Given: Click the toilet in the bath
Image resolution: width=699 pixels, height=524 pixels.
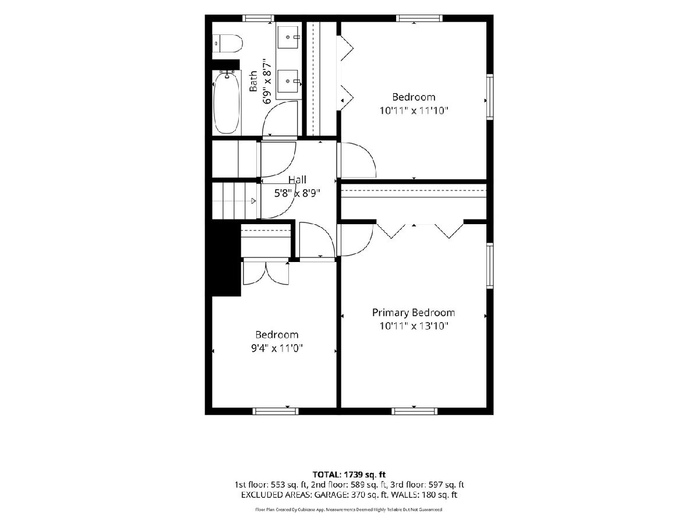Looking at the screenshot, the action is pos(227,44).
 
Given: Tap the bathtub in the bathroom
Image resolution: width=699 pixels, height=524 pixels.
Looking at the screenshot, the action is pos(227,102).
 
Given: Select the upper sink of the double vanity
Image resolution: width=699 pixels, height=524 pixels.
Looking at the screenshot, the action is pos(288,37).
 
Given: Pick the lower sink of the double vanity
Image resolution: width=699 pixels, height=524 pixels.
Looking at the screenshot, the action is pos(288,81).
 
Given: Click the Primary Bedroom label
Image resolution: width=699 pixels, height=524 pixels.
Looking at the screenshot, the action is pos(414,313).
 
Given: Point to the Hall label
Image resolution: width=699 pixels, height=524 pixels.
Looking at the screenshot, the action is pos(297,180).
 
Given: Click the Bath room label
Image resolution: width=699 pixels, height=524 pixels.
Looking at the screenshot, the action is pos(253,81).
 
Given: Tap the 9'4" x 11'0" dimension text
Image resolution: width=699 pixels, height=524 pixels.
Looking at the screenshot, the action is pos(277,348).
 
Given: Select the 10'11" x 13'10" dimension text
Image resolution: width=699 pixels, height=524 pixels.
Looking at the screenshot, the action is pos(414,326).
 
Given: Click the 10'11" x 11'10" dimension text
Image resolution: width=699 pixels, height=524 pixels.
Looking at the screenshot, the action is pos(414,111).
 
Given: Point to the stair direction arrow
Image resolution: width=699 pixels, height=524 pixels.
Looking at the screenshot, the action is pos(253,201).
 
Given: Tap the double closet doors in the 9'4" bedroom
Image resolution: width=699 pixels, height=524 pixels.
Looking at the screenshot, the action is pos(266,272).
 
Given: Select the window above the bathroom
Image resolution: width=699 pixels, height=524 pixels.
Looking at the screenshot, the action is pos(258,18).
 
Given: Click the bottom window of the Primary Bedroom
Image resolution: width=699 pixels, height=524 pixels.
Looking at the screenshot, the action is pos(414,411).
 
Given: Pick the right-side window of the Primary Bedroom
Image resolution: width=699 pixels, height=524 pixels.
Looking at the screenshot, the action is pos(490,265).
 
